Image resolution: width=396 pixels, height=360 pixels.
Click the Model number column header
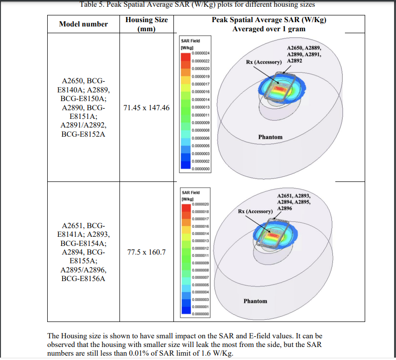83,24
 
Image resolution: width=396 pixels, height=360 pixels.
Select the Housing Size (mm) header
146,24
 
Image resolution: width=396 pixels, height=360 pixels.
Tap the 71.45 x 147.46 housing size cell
146,108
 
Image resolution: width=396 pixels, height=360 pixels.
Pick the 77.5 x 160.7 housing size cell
146,252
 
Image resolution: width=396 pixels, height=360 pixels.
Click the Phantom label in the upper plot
270,137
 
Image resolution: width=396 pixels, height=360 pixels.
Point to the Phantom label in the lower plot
255,301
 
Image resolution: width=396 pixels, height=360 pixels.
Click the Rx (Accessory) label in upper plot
264,62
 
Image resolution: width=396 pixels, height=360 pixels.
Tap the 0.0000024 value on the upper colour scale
200,54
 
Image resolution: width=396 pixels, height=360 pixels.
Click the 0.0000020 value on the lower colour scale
200,204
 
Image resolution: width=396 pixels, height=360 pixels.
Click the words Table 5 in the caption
96,4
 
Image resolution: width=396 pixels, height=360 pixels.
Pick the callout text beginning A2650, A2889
304,54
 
